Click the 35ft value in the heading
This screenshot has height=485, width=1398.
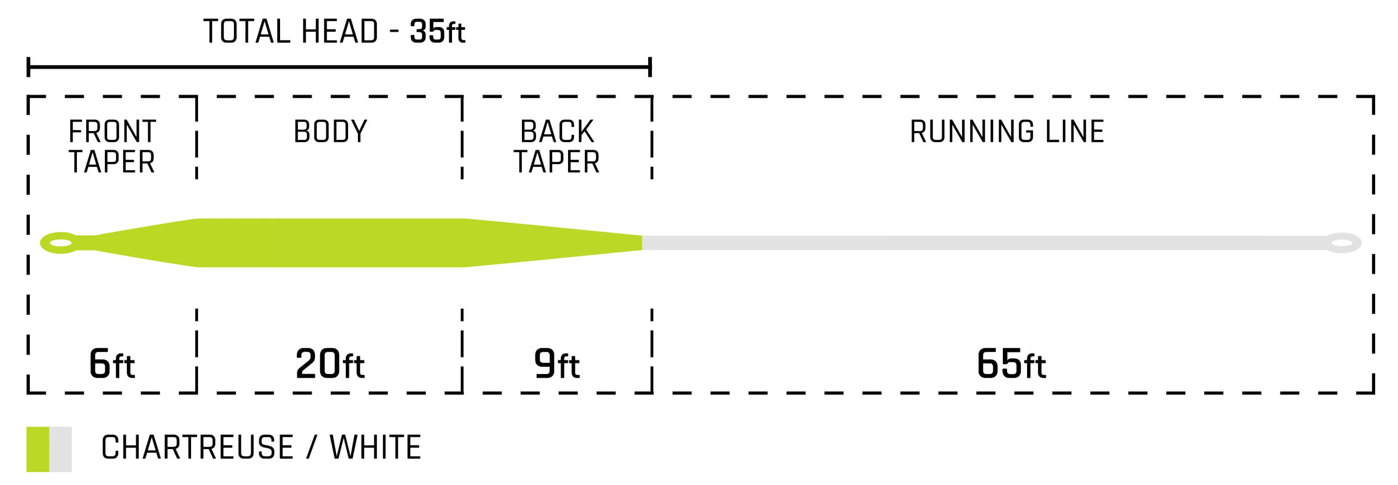click(437, 32)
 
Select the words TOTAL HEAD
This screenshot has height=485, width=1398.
click(290, 32)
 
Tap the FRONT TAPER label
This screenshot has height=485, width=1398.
click(112, 146)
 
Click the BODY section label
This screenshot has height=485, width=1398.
click(330, 132)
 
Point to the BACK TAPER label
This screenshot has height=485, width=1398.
click(556, 146)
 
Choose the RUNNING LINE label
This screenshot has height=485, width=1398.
click(1007, 132)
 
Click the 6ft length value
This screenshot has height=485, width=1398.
click(111, 363)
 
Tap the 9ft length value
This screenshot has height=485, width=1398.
click(556, 363)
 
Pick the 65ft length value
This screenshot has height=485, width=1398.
click(1010, 363)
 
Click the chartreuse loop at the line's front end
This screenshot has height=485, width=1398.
click(60, 243)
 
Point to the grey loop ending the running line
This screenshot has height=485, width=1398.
click(1343, 243)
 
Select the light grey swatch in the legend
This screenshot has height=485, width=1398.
click(60, 449)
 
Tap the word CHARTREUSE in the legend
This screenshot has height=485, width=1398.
click(197, 448)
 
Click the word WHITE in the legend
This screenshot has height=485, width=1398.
click(375, 448)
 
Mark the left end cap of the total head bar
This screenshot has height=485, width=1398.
click(28, 67)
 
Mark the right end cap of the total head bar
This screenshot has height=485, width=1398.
click(650, 67)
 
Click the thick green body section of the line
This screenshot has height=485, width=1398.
click(330, 243)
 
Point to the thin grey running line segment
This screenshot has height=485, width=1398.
click(977, 243)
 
